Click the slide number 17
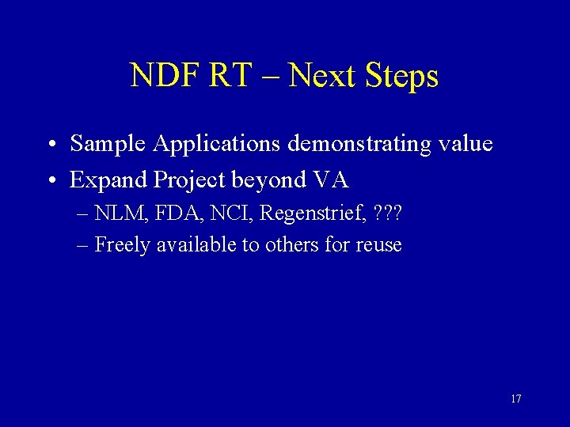(515, 399)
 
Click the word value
(465, 144)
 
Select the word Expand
(109, 180)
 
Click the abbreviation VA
(331, 179)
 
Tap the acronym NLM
(115, 213)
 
